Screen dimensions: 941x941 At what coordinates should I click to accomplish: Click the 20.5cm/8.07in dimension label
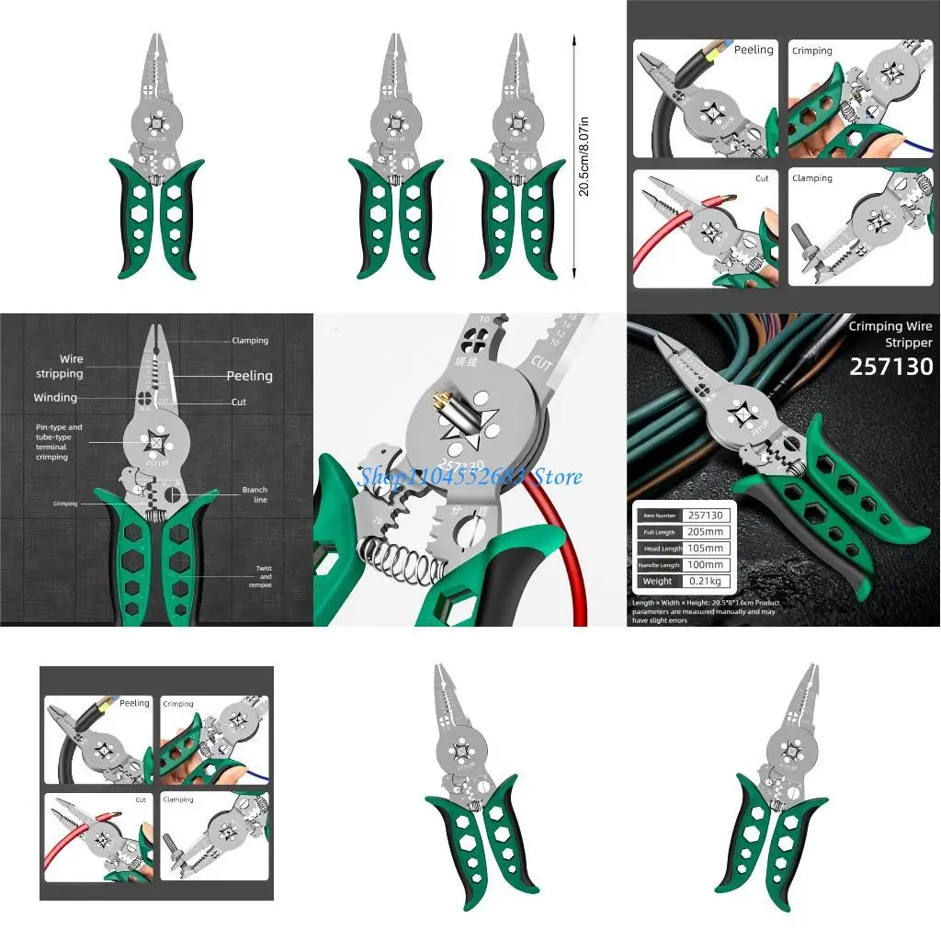point(584,155)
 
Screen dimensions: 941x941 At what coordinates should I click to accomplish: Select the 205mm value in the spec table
point(707,531)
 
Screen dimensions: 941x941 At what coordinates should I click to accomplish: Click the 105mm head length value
point(707,548)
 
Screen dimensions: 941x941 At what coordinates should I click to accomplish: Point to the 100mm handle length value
point(707,564)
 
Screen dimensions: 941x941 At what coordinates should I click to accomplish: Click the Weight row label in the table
point(657,581)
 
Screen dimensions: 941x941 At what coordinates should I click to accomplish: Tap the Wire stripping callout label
point(59,367)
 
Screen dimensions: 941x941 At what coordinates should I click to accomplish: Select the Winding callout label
point(55,398)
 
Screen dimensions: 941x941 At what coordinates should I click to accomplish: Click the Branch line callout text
point(255,494)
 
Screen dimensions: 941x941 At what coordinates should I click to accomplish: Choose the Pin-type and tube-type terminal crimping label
point(59,442)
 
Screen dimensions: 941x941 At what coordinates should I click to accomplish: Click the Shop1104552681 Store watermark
point(470,476)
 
